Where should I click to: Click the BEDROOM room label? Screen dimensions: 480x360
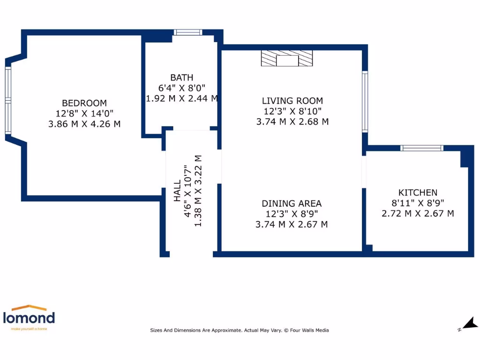click(x=84, y=103)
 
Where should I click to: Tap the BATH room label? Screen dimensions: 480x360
click(x=182, y=77)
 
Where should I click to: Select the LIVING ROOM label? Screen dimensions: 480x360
click(x=292, y=101)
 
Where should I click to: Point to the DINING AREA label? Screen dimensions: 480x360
click(x=292, y=203)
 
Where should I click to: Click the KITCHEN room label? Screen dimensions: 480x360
click(x=418, y=193)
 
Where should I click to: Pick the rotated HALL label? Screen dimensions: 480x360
click(x=177, y=191)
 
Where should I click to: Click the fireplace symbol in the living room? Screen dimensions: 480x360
click(x=287, y=58)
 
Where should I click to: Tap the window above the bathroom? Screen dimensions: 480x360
click(x=188, y=32)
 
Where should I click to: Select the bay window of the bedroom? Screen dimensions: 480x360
click(x=8, y=100)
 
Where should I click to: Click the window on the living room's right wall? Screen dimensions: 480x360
click(x=365, y=102)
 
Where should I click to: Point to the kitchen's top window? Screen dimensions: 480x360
click(x=422, y=148)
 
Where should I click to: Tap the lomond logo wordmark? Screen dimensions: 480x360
click(x=29, y=318)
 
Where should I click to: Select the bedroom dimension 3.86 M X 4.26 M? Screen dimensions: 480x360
click(x=84, y=124)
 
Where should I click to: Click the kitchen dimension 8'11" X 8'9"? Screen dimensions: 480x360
click(x=418, y=203)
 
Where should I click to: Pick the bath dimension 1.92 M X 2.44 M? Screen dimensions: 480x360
click(x=182, y=98)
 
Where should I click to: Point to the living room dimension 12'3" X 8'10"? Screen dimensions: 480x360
click(x=292, y=111)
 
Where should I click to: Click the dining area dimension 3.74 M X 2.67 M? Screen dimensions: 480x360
click(x=292, y=225)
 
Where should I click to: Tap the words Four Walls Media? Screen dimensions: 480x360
click(x=309, y=330)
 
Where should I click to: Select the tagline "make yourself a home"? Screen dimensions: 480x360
click(x=29, y=329)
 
